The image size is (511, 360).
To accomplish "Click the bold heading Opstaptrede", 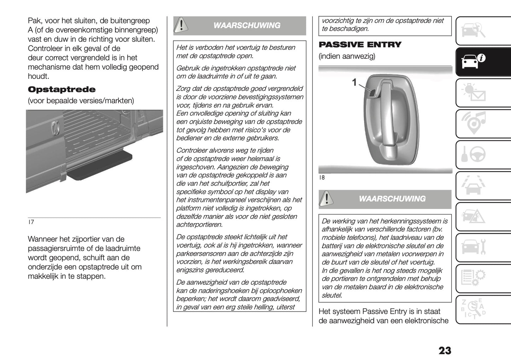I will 62,89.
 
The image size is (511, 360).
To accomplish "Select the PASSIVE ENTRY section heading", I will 360,45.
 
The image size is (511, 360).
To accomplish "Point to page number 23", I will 445,350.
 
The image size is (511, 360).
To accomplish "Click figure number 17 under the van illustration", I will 31,222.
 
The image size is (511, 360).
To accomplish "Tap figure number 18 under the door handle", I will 322,178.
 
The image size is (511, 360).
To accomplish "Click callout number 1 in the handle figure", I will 354,82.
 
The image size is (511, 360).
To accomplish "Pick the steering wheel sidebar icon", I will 474,155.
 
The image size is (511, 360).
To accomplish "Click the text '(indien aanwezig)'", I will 347,56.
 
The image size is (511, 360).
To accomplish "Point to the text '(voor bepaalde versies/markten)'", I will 81,101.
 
